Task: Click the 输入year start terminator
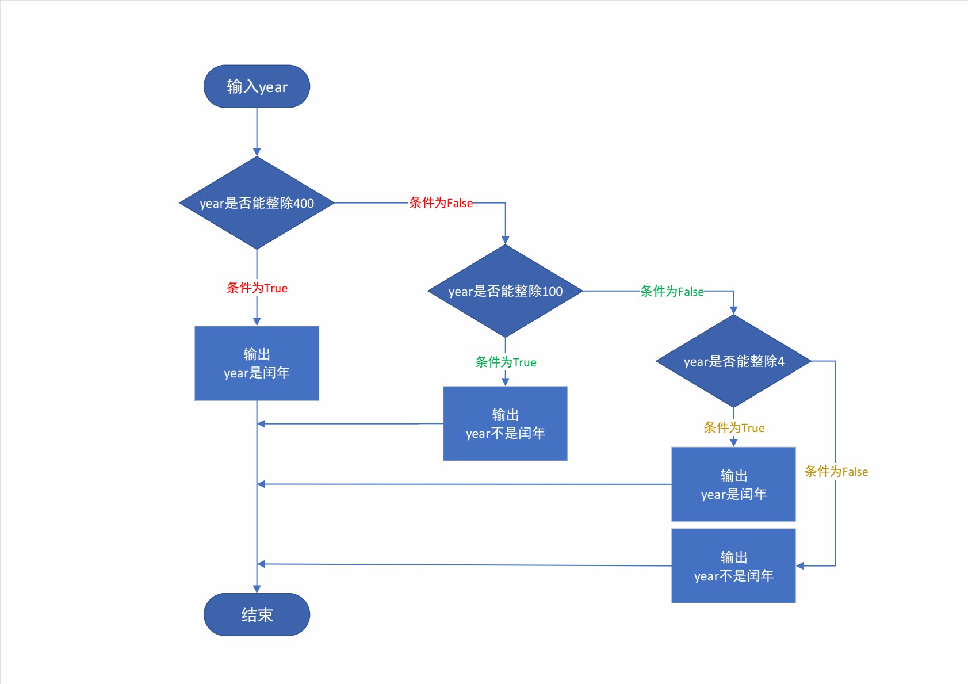coord(257,86)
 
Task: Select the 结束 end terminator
coord(257,614)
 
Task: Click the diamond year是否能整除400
coord(257,202)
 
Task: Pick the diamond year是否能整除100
coord(505,291)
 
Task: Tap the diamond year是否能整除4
coord(733,361)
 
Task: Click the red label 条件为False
coord(441,202)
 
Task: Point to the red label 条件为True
coord(257,288)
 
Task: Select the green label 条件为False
coord(672,291)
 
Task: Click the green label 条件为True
coord(506,362)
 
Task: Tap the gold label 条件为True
coord(734,427)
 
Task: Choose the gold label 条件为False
coord(836,471)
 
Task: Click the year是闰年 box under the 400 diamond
coord(257,363)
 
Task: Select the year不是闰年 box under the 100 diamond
coord(505,423)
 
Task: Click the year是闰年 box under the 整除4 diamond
coord(733,484)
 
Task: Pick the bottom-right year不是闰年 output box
coord(733,566)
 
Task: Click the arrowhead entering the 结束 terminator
coord(257,589)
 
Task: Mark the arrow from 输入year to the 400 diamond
coord(257,132)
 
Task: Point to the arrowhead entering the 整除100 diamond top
coord(505,240)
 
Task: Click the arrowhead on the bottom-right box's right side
coord(800,566)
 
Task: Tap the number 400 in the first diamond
coord(304,203)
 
